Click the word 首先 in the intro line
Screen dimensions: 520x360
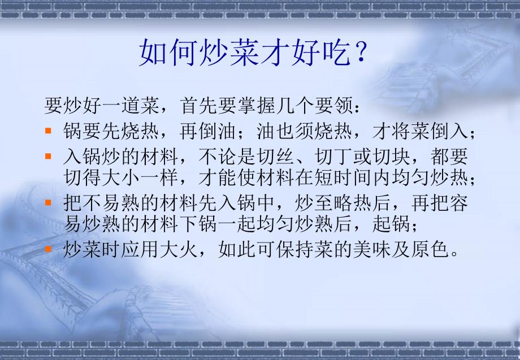pyautogui.click(x=200, y=106)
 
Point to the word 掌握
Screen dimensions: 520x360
pyautogui.click(x=257, y=106)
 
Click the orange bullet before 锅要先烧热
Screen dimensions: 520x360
pyautogui.click(x=49, y=131)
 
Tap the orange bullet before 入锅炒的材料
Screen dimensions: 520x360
pyautogui.click(x=49, y=156)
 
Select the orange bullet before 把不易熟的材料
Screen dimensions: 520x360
pyautogui.click(x=49, y=202)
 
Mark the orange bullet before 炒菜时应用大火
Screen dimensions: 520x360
pyautogui.click(x=49, y=248)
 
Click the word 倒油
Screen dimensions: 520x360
pyautogui.click(x=217, y=131)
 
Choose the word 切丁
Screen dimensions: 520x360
pyautogui.click(x=334, y=156)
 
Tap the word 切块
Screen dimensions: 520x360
pyautogui.click(x=392, y=156)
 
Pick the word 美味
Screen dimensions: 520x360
pyautogui.click(x=372, y=249)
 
